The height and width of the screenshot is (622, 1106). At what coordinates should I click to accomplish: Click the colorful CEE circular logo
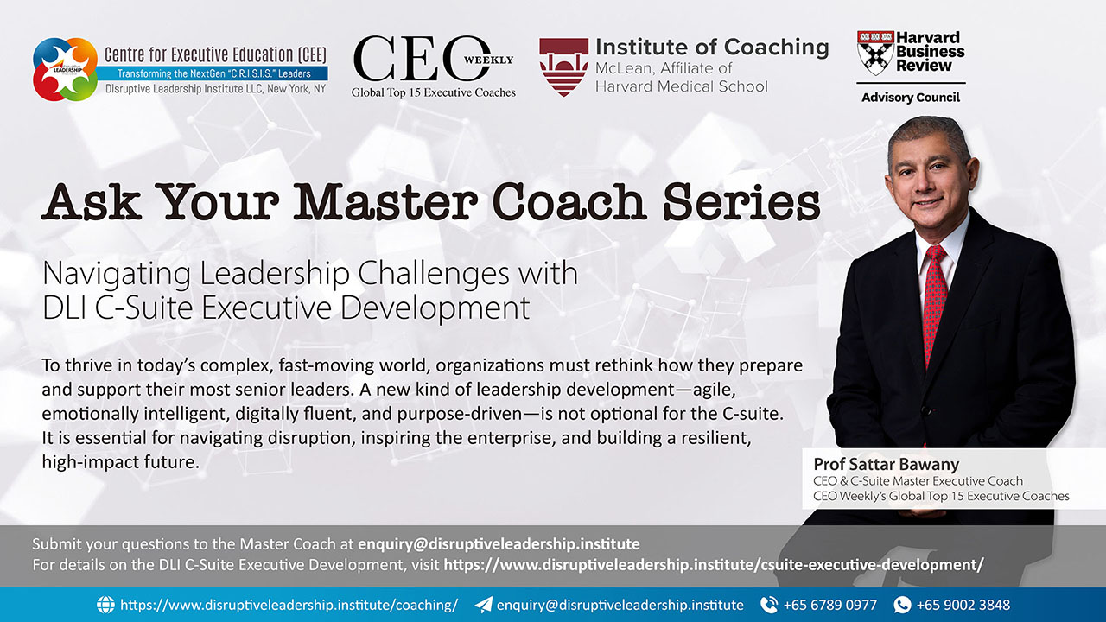[65, 69]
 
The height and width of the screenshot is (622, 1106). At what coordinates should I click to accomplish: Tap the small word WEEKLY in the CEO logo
[488, 60]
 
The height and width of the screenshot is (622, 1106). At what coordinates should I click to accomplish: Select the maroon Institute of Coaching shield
[563, 67]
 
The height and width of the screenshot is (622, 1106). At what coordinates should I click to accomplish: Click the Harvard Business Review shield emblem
[875, 53]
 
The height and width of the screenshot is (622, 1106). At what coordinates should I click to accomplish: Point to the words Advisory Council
[911, 98]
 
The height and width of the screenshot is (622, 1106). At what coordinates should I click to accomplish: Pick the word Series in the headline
[741, 201]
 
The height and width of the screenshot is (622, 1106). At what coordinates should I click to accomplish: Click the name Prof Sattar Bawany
[887, 464]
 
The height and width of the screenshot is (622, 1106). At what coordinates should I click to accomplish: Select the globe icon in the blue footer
[105, 605]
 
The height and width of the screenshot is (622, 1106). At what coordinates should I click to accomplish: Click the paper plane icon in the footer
[483, 605]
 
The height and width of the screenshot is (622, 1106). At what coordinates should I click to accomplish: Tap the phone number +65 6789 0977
[830, 605]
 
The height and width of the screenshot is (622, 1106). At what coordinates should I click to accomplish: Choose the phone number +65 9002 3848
[963, 605]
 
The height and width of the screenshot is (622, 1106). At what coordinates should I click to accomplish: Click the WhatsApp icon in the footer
[902, 605]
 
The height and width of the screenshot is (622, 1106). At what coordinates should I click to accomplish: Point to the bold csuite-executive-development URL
[714, 564]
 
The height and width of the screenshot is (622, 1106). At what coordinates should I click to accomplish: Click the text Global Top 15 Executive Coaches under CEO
[434, 92]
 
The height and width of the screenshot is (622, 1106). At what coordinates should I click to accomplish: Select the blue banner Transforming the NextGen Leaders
[213, 73]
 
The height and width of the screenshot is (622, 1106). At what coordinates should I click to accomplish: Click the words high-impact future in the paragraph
[121, 462]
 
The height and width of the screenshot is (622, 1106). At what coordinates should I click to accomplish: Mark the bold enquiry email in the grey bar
[499, 544]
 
